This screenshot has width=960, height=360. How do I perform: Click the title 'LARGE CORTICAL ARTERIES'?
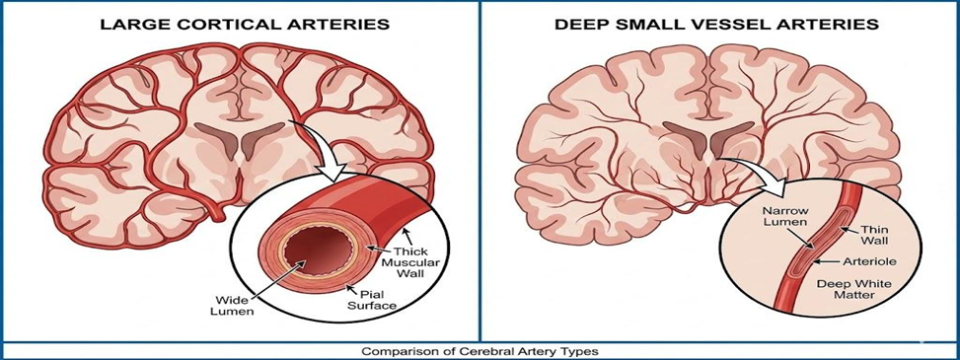(x=241, y=24)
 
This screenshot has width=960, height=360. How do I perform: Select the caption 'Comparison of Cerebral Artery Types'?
(x=479, y=350)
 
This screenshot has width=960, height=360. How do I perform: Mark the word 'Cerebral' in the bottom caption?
(x=488, y=350)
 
